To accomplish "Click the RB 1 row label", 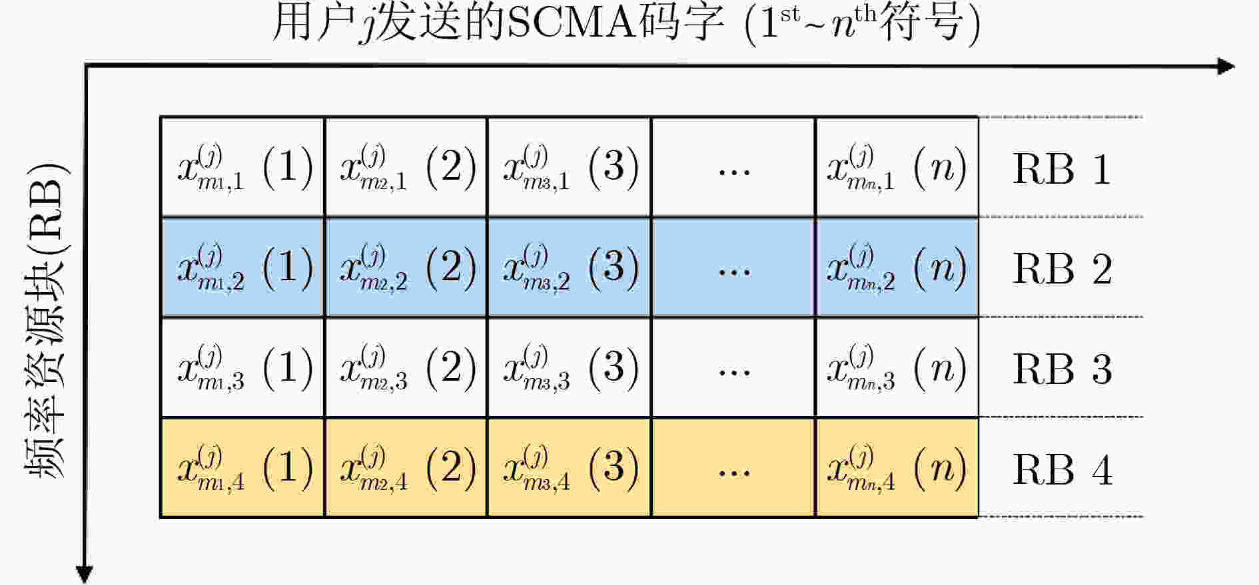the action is (1062, 169).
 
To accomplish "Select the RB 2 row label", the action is (1062, 269).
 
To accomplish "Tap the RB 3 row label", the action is (1062, 369).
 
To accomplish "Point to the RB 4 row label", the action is (1062, 470).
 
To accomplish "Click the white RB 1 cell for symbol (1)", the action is (242, 167).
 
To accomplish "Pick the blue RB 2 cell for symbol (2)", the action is (406, 267).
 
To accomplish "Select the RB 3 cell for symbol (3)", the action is (569, 367).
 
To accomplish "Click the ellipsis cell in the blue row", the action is (733, 267).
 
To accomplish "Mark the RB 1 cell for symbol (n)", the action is (897, 167).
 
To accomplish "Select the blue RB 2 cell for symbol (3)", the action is (569, 267).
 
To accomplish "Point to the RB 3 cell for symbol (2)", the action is (406, 367).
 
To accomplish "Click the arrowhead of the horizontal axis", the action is (1226, 66).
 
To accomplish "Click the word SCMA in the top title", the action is (570, 24).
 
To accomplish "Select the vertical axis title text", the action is (47, 319).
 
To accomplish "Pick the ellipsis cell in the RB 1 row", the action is (733, 167).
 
